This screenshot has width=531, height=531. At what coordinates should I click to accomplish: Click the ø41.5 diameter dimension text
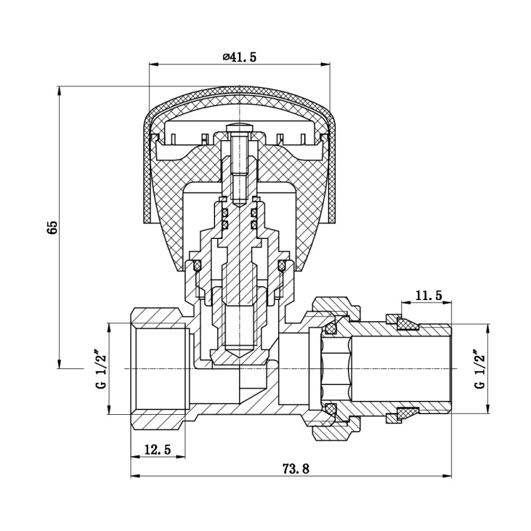coord(239,57)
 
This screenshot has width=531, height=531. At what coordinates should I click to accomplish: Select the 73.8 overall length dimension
coord(296,468)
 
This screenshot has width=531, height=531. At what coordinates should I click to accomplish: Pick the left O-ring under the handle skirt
coord(196,266)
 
